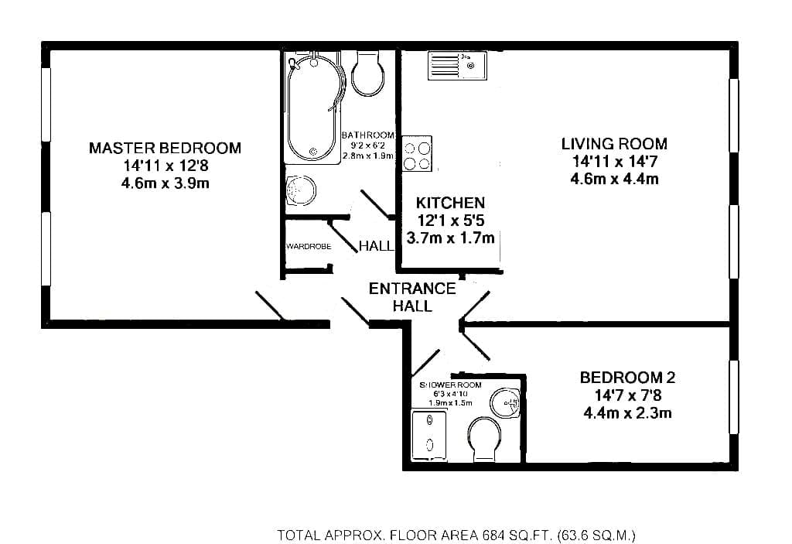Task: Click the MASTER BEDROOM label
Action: (x=166, y=148)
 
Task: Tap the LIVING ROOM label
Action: (x=614, y=144)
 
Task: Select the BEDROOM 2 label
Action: (x=627, y=378)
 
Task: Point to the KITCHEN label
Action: (x=451, y=203)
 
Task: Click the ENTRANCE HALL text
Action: (x=412, y=297)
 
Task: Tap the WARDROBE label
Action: (x=309, y=247)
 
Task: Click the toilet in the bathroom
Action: (x=367, y=73)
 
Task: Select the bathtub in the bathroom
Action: (x=313, y=108)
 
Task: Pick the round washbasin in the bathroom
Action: (x=301, y=190)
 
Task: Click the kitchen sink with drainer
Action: (x=458, y=66)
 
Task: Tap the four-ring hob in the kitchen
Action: (x=417, y=154)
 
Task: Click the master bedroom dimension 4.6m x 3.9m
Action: (x=166, y=183)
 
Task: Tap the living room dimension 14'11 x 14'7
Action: (x=614, y=162)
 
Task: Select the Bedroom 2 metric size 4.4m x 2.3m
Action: (x=627, y=413)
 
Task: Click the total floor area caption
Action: (x=456, y=535)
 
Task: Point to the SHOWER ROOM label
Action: (x=451, y=385)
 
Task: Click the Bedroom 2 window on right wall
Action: (x=734, y=397)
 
